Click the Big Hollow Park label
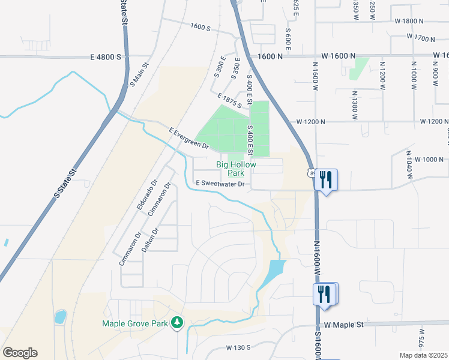pos(236,169)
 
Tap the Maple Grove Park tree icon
pos(177,323)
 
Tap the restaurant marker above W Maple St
pos(325,294)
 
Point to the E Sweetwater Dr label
pos(220,184)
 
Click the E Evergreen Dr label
pos(188,138)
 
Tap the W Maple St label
pos(345,325)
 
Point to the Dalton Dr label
pos(150,239)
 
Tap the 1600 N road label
pos(270,56)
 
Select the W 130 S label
pos(238,347)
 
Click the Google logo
pos(20,353)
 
